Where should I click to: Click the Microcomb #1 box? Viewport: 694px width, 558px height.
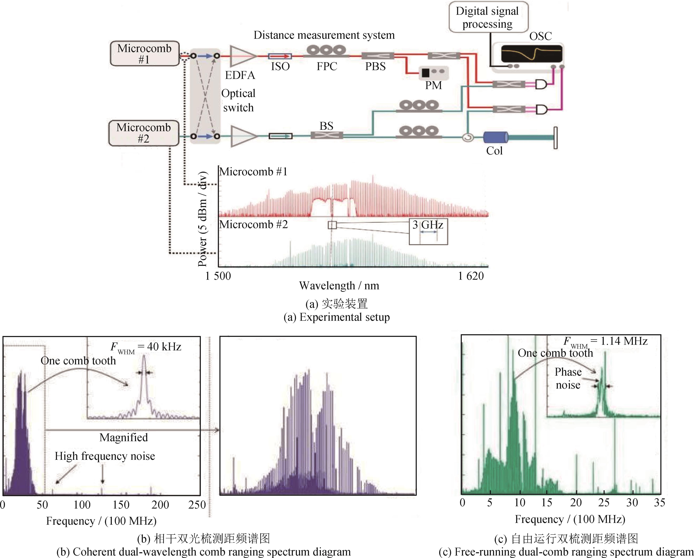pyautogui.click(x=144, y=53)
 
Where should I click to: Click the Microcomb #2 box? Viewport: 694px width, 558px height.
pyautogui.click(x=144, y=133)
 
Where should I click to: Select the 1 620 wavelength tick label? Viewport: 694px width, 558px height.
pyautogui.click(x=471, y=276)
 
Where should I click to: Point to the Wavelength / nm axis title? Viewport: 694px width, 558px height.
pyautogui.click(x=339, y=286)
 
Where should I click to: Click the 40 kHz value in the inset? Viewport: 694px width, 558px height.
pyautogui.click(x=164, y=347)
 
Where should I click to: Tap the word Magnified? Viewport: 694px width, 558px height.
pyautogui.click(x=124, y=438)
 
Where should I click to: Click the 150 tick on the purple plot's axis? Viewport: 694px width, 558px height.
pyautogui.click(x=121, y=505)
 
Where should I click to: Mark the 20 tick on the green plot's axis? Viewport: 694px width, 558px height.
pyautogui.click(x=576, y=503)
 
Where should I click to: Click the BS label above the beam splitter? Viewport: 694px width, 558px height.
pyautogui.click(x=326, y=126)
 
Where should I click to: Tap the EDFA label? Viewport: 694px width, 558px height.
pyautogui.click(x=240, y=75)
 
